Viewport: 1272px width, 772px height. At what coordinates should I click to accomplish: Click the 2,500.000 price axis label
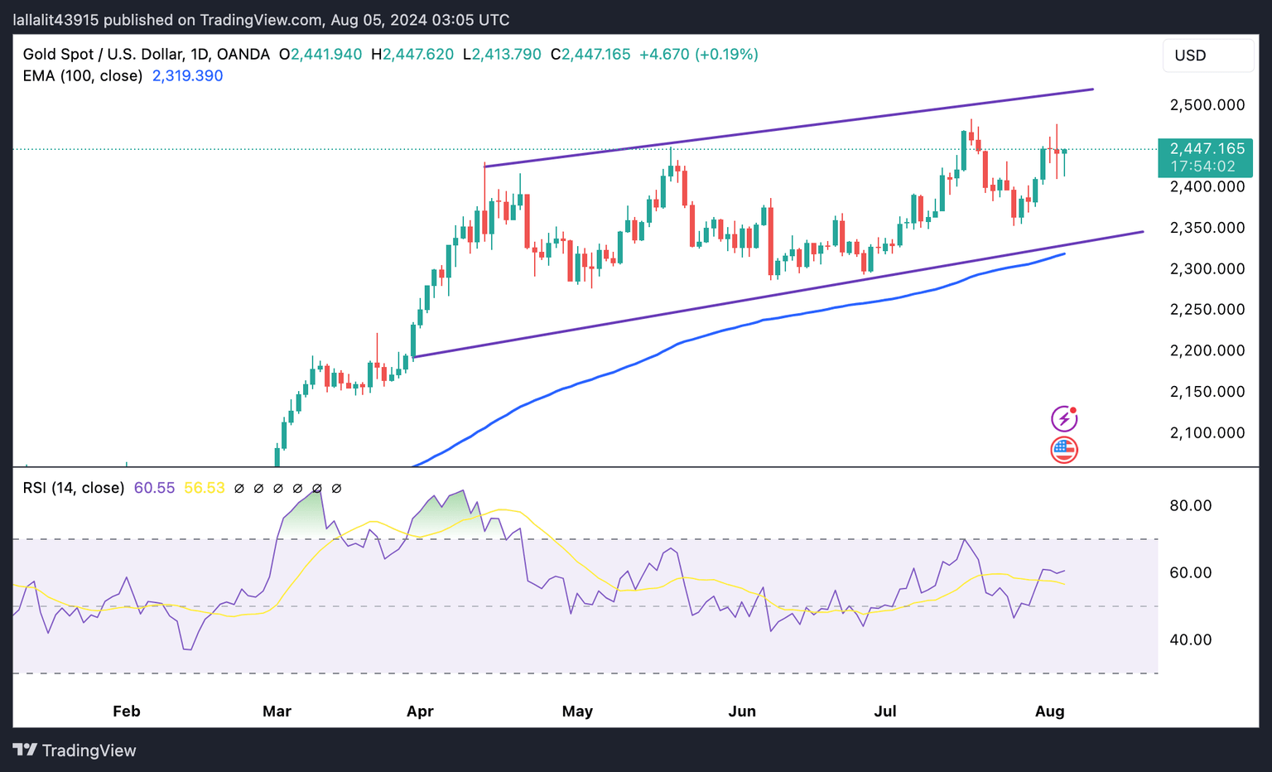pyautogui.click(x=1207, y=105)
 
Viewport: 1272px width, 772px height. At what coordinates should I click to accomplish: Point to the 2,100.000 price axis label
pyautogui.click(x=1207, y=432)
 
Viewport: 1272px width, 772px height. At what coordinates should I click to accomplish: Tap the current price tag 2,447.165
pyautogui.click(x=1206, y=149)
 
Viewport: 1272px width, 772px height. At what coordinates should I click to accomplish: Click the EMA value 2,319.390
pyautogui.click(x=187, y=76)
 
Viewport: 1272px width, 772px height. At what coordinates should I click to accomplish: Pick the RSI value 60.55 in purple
pyautogui.click(x=154, y=488)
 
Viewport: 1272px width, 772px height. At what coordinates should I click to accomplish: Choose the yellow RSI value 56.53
pyautogui.click(x=204, y=488)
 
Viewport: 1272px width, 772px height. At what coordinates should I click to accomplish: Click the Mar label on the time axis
pyautogui.click(x=277, y=712)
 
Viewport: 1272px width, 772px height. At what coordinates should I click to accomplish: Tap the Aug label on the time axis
pyautogui.click(x=1049, y=712)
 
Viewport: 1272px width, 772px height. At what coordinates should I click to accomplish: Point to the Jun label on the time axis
pyautogui.click(x=742, y=712)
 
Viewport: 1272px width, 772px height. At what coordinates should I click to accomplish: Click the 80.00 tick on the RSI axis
pyautogui.click(x=1190, y=505)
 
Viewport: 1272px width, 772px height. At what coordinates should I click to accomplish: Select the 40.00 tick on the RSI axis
pyautogui.click(x=1190, y=639)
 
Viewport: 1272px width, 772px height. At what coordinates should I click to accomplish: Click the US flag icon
pyautogui.click(x=1064, y=450)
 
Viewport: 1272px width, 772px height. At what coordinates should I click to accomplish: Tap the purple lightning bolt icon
pyautogui.click(x=1064, y=418)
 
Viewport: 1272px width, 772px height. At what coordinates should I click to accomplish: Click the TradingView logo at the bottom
pyautogui.click(x=75, y=750)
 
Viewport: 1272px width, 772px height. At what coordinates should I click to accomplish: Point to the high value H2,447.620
pyautogui.click(x=412, y=55)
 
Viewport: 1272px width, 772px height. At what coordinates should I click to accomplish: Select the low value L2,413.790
pyautogui.click(x=502, y=55)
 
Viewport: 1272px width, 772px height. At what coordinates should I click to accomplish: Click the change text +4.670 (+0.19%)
pyautogui.click(x=699, y=55)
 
